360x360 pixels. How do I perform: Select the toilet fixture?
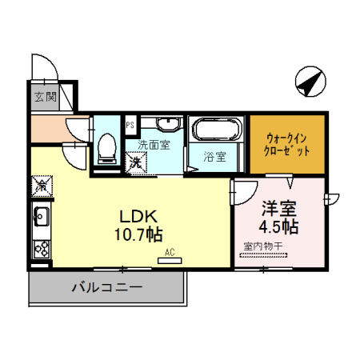tap(106, 149)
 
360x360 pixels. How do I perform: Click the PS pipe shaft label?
tap(130, 123)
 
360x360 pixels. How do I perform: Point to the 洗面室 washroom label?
tap(154, 146)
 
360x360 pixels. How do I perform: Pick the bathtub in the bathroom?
tap(215, 130)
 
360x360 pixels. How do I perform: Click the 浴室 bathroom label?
tap(214, 157)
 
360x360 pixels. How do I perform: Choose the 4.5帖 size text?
tap(279, 226)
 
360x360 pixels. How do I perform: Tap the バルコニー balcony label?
tap(106, 286)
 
